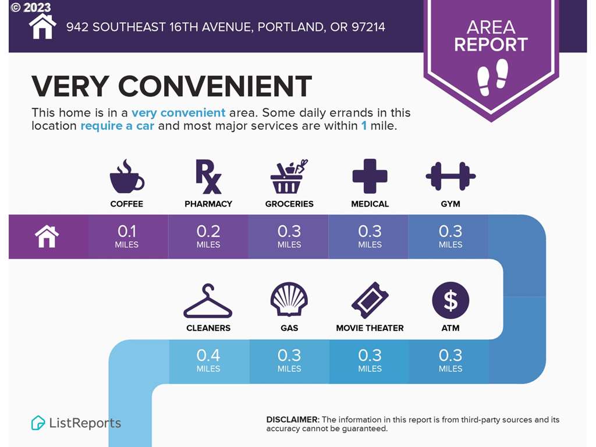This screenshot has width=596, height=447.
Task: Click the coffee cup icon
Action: (126, 177)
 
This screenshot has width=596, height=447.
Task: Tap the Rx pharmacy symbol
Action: (208, 177)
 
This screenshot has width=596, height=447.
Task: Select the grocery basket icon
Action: (289, 177)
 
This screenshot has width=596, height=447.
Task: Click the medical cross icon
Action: (370, 176)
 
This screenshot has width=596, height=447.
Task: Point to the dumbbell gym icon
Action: (450, 176)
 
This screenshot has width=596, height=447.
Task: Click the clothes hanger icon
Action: (208, 301)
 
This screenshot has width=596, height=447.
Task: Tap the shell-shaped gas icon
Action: (289, 299)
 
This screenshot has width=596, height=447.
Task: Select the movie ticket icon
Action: (370, 300)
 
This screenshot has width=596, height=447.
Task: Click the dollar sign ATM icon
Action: (450, 300)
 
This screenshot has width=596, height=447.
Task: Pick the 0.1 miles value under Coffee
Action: (126, 236)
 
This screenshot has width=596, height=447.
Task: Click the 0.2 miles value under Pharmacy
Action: (208, 236)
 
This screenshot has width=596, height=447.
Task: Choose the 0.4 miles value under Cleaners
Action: (208, 360)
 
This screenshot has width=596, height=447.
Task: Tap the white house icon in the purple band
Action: (47, 236)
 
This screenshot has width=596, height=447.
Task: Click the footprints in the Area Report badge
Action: (492, 77)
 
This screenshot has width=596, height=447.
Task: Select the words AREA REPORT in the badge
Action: (491, 36)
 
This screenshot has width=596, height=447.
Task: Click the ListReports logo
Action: (76, 423)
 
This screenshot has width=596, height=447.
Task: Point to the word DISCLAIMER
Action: (293, 420)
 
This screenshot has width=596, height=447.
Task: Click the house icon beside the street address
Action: (42, 27)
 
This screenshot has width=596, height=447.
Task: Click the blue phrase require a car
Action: (118, 126)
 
